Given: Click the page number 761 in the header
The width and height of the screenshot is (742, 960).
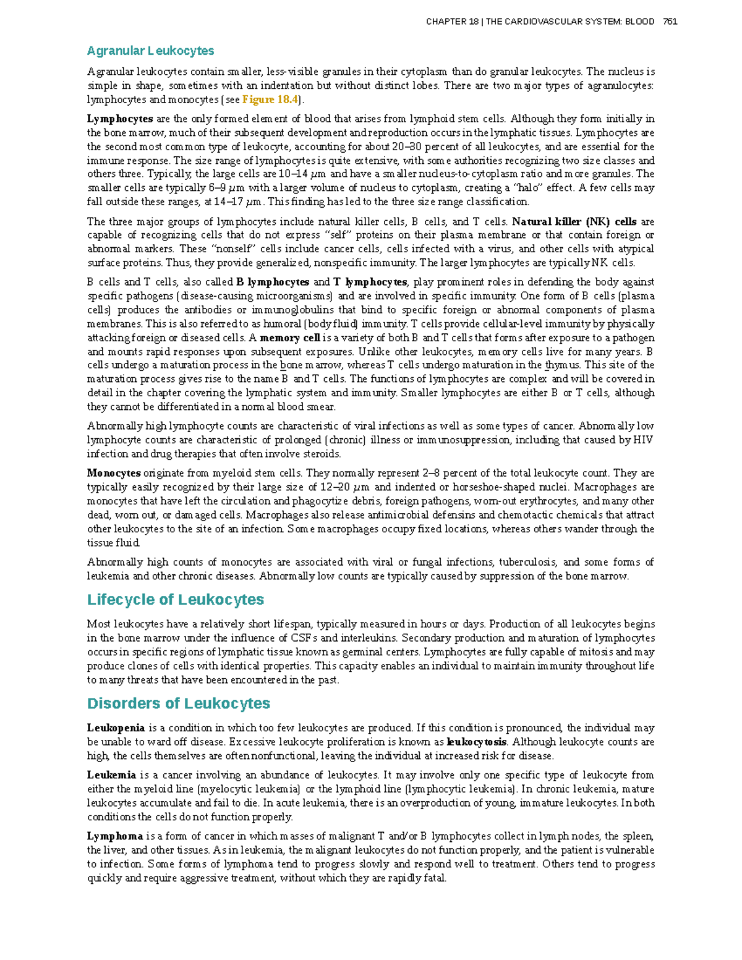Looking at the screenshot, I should pyautogui.click(x=670, y=22).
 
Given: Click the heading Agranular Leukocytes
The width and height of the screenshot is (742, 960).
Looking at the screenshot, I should pyautogui.click(x=150, y=51).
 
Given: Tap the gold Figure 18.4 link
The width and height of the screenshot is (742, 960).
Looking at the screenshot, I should pyautogui.click(x=270, y=100).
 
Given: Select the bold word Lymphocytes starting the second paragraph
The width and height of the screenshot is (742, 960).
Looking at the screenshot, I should pyautogui.click(x=120, y=119).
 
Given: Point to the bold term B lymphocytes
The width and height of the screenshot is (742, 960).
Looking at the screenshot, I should pyautogui.click(x=273, y=282).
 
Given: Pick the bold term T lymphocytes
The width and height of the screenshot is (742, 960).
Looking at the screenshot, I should pyautogui.click(x=370, y=282).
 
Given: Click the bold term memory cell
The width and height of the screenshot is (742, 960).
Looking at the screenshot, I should pyautogui.click(x=290, y=338).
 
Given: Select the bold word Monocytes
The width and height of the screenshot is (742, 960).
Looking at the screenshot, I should pyautogui.click(x=114, y=473).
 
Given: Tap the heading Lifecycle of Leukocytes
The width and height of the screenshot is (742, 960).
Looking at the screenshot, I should pyautogui.click(x=176, y=600).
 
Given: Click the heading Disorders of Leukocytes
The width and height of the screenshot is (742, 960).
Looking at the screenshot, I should pyautogui.click(x=179, y=703).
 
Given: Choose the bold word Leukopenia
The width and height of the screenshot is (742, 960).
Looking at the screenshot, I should pyautogui.click(x=116, y=728).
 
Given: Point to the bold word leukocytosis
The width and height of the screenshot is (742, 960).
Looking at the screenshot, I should pyautogui.click(x=476, y=742).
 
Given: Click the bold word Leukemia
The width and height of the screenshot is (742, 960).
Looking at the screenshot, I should pyautogui.click(x=111, y=775).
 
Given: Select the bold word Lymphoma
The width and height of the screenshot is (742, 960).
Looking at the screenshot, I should pyautogui.click(x=115, y=836).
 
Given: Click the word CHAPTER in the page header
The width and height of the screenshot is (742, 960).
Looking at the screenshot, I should pyautogui.click(x=446, y=22).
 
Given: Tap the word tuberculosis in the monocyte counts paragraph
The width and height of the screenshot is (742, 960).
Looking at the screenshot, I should pyautogui.click(x=527, y=562).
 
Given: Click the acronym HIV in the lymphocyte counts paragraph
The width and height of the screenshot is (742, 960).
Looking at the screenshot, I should pyautogui.click(x=643, y=440).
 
